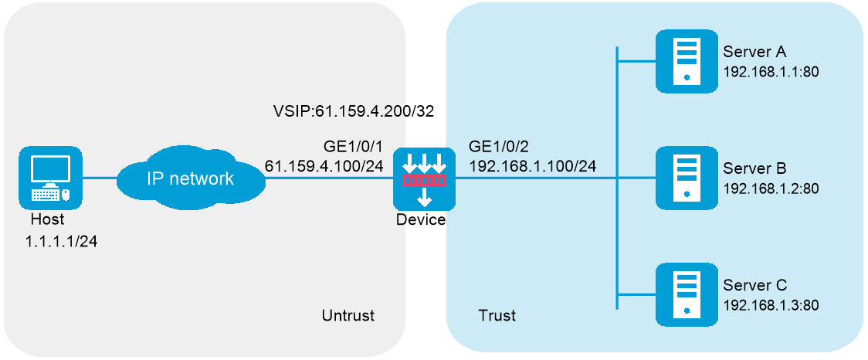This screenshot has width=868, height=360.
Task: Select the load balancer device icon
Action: click(x=424, y=179)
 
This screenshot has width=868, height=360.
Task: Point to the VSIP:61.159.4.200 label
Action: click(x=339, y=111)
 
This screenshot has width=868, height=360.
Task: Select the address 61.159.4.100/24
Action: click(x=324, y=165)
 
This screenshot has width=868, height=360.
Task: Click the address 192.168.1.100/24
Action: click(x=533, y=165)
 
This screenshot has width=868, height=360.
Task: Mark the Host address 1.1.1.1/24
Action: click(x=61, y=241)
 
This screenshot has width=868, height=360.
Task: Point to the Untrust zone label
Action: click(x=348, y=315)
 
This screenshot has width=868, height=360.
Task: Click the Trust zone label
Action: click(x=497, y=315)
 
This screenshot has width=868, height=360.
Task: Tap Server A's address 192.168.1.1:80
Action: click(x=770, y=71)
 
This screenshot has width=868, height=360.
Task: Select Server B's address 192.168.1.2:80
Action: click(x=770, y=188)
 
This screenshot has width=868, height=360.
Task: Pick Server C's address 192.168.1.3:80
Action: click(x=770, y=304)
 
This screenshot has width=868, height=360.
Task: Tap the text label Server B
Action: click(x=754, y=168)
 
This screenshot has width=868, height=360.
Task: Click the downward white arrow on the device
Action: click(x=424, y=199)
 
